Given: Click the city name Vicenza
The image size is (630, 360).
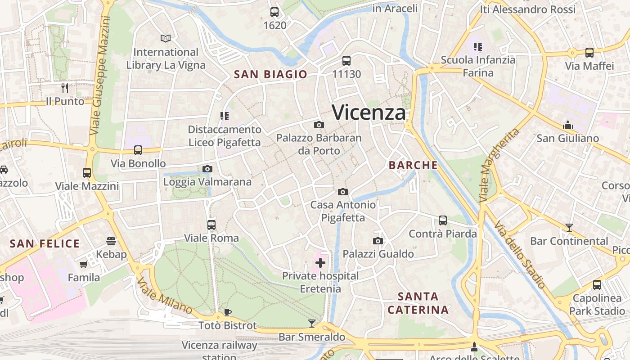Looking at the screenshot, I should coord(369,112).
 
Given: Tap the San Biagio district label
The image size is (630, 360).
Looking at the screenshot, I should coord(270,74).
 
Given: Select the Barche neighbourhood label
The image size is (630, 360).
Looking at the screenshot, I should coord(413,165).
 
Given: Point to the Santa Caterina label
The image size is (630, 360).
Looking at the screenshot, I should coord(418,303).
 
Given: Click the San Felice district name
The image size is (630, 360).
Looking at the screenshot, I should coord(45,244).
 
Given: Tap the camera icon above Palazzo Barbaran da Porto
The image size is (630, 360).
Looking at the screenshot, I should coord(319,125).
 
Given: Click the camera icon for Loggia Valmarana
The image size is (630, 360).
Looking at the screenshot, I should coord(207,169).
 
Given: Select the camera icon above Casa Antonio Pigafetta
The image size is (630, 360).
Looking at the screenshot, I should coord(342,192).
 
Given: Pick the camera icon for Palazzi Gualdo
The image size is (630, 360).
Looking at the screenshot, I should coord(378,241).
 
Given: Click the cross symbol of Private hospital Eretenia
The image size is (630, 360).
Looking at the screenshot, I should coord(320,263).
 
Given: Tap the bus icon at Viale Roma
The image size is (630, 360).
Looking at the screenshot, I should coord(211,225).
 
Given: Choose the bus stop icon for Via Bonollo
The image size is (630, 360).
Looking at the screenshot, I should coord(138,150).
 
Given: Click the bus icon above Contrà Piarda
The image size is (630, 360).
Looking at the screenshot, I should coord(443,220).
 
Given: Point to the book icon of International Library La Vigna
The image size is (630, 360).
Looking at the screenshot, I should coord(166,39).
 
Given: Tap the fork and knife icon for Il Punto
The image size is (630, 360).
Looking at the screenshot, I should coord(65,88).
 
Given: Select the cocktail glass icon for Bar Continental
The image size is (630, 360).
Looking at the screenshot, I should coord(569,228).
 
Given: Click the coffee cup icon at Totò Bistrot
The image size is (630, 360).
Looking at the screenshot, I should coord(228,312).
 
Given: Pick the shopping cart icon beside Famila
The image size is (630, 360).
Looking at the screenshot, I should coord(83,265).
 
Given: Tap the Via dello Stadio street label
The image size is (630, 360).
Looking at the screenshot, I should coord(519,255).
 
